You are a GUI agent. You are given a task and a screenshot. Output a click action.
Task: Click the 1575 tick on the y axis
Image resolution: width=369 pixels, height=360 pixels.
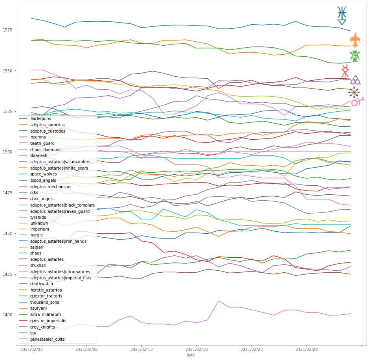click(8, 30)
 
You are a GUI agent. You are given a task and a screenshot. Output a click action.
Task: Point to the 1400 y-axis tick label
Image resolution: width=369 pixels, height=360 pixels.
click(8, 315)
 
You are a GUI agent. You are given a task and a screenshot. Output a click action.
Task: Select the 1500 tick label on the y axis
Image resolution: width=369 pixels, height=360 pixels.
click(8, 152)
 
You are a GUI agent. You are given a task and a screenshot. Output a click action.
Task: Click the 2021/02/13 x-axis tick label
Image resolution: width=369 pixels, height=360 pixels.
click(141, 349)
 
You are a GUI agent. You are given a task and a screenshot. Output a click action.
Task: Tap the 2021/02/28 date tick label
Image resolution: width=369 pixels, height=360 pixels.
click(306, 349)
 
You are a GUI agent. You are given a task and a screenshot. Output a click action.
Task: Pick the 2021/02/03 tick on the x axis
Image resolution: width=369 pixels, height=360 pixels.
click(31, 349)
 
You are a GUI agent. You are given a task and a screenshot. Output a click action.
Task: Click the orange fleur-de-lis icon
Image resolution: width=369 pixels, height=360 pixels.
click(355, 40)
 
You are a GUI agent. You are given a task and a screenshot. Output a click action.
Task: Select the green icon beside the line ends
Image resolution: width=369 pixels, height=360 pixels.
click(354, 56)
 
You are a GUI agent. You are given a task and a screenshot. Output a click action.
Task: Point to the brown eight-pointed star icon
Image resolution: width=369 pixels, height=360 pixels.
click(354, 92)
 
